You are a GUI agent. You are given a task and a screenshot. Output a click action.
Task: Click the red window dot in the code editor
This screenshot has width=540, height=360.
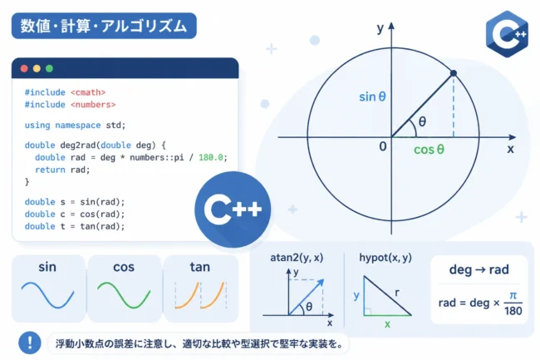tap(24, 68)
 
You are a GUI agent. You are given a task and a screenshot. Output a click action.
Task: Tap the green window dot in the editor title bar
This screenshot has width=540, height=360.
tap(49, 68)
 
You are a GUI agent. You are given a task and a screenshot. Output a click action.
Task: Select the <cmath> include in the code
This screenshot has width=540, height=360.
tap(88, 92)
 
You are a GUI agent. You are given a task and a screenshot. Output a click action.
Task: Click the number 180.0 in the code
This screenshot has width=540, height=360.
tap(211, 157)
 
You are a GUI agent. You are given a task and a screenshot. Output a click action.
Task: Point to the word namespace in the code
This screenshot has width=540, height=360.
tap(78, 125)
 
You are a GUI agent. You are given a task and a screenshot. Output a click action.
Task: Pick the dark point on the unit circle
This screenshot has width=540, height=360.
tap(454, 73)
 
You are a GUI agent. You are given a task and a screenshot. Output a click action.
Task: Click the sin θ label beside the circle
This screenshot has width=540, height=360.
tap(372, 96)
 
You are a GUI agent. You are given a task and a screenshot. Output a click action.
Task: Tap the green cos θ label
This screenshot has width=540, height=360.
tap(430, 150)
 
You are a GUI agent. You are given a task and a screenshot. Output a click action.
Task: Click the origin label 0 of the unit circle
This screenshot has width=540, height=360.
tap(383, 147)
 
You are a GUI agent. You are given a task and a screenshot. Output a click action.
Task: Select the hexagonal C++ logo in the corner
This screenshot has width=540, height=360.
tap(507, 34)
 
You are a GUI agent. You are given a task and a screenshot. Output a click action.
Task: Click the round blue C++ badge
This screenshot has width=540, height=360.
tap(233, 210)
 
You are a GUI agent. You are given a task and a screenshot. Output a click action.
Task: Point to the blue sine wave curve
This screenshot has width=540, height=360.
tap(47, 295)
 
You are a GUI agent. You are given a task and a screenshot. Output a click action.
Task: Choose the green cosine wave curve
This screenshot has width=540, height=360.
tap(124, 295)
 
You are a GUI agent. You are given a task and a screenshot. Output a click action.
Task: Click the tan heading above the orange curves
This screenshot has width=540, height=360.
tap(199, 267)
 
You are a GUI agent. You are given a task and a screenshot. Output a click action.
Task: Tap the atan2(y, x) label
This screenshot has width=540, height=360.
tap(297, 258)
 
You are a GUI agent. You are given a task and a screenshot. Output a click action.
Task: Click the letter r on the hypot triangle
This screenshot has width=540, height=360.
tap(397, 293)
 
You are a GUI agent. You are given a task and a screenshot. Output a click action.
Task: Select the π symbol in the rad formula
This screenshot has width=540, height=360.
tap(513, 296)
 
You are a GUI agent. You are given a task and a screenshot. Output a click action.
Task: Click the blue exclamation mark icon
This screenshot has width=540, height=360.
tap(30, 343)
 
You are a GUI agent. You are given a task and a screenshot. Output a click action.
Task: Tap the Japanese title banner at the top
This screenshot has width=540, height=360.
tap(104, 26)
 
